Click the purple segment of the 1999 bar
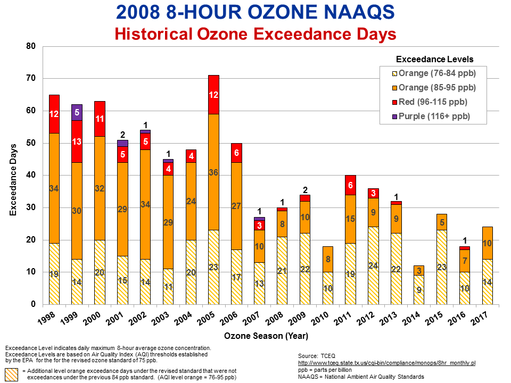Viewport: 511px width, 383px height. tap(77, 112)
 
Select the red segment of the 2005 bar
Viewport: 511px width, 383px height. tap(213, 95)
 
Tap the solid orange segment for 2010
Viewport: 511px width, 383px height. tap(328, 259)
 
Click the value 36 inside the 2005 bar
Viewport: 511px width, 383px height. tap(213, 172)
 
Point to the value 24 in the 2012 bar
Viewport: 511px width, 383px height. tap(374, 265)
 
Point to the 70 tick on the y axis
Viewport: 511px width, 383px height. tap(31, 79)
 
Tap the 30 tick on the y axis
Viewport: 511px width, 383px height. tap(31, 207)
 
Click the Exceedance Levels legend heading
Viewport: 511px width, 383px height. tap(435, 60)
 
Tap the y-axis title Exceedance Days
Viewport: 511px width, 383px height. tap(13, 176)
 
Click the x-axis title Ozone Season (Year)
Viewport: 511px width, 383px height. tap(266, 337)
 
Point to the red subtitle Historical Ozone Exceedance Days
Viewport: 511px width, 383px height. tap(256, 34)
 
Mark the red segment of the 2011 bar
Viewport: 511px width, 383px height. tap(351, 185)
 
